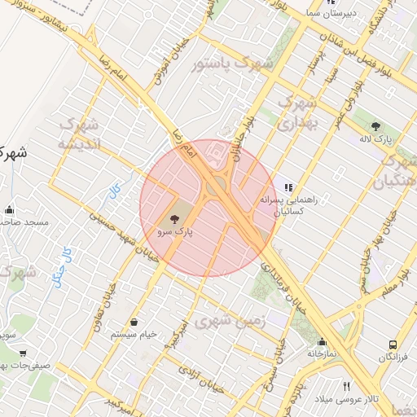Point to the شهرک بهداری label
[296, 113]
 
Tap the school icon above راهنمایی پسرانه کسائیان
[288, 187]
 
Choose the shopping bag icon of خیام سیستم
[133, 321]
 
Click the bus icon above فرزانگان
[393, 345]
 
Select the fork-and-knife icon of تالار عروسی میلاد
[347, 386]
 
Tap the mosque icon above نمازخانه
[323, 343]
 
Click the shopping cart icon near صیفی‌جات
[22, 353]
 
